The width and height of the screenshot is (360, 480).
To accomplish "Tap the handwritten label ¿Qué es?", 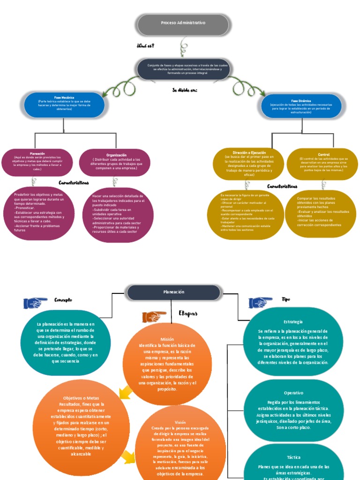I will (x=145, y=45).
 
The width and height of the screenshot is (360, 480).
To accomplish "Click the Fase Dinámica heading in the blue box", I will (x=300, y=100).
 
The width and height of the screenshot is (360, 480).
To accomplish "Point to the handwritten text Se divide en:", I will (x=182, y=90).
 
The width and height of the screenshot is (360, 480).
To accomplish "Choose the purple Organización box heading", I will (x=116, y=155).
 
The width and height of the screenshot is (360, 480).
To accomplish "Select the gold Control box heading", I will (x=323, y=154).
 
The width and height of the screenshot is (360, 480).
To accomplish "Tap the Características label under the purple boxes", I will (x=74, y=182).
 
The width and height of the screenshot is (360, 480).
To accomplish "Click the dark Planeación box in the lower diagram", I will (x=173, y=292).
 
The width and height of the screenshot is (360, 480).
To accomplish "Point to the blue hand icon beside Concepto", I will (x=35, y=303).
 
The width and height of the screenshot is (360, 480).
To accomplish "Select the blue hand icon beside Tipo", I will (x=261, y=302).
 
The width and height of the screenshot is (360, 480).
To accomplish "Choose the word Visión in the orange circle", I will (x=180, y=422).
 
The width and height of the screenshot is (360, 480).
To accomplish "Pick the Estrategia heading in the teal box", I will (x=293, y=322).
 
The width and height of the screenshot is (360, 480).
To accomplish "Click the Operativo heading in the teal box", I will (x=293, y=393).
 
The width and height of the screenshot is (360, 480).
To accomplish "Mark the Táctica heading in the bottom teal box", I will (x=293, y=457).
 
